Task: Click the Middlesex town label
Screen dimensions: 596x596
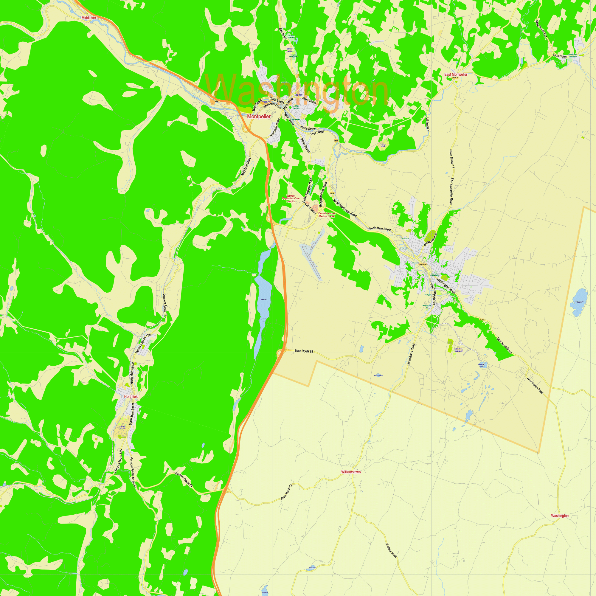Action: [89, 18]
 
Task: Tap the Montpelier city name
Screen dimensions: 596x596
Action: [259, 117]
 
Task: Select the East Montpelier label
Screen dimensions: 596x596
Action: [456, 74]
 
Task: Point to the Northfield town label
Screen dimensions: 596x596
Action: [131, 396]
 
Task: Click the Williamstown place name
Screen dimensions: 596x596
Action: [351, 472]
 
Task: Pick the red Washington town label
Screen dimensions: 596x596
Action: [560, 516]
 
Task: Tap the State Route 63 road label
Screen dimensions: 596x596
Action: [304, 351]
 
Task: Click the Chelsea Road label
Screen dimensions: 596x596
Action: [391, 550]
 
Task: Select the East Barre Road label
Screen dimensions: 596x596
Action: [505, 345]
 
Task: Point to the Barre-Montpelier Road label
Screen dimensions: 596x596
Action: [344, 208]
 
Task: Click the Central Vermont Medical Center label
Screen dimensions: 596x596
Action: [327, 215]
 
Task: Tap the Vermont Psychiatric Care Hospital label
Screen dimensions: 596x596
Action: [291, 198]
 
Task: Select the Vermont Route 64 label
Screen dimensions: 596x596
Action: [184, 480]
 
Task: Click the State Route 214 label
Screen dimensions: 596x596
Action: [541, 29]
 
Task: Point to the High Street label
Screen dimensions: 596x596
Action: [560, 56]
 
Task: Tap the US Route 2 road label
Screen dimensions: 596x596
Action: [428, 124]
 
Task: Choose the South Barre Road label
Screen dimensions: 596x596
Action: [411, 355]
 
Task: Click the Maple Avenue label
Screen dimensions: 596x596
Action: [430, 239]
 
